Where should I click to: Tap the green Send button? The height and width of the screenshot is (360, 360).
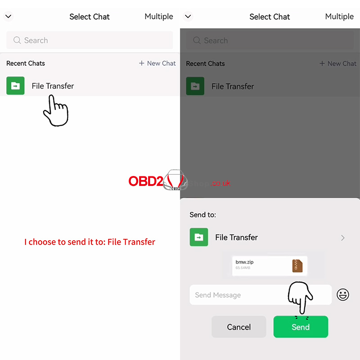coord(301,327)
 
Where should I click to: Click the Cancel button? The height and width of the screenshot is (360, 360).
coord(238,327)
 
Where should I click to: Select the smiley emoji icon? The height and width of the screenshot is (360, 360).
coord(343,295)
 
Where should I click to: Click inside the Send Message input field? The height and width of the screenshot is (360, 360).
coord(238,295)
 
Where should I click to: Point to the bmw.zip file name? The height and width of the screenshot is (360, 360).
coord(245,262)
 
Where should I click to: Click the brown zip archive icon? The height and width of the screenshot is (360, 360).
coord(297,266)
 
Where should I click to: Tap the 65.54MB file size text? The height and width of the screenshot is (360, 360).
coord(243,268)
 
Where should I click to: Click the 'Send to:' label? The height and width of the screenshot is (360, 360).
coord(203,215)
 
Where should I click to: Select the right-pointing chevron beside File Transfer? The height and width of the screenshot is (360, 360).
coord(343,238)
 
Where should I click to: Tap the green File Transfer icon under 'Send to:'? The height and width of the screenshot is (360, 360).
coord(199,237)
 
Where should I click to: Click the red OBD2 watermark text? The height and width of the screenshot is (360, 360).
coord(146,181)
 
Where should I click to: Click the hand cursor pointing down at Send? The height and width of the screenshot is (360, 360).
coord(300,297)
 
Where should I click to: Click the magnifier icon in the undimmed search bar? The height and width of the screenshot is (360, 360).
coord(17,40)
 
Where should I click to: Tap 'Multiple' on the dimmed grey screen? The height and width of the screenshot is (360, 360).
coord(339,17)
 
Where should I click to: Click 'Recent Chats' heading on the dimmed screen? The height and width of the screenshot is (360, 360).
coord(205,63)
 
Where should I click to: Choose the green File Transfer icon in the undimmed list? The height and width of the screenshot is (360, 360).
coord(15,85)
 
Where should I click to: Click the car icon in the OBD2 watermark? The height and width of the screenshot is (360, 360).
coord(175,180)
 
